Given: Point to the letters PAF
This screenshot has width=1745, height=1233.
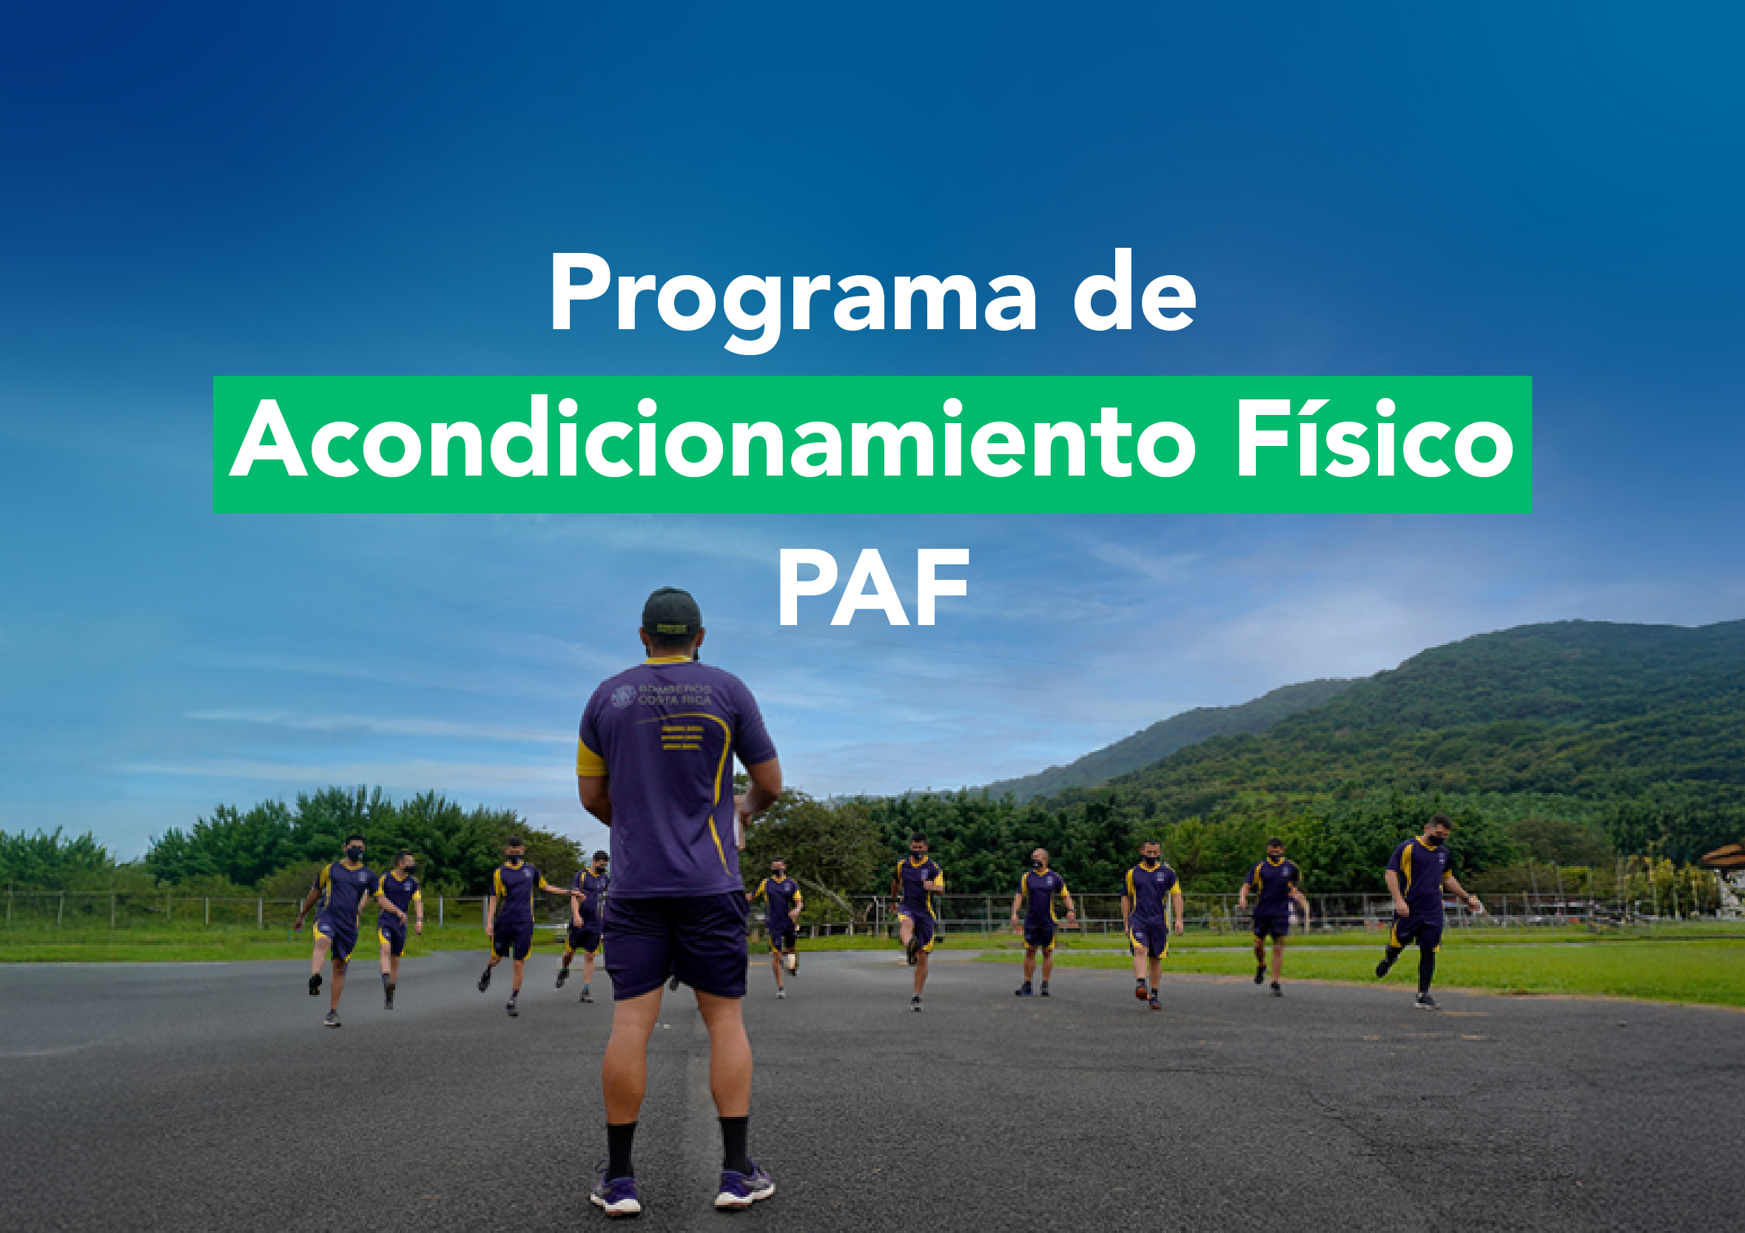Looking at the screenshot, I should (872, 588).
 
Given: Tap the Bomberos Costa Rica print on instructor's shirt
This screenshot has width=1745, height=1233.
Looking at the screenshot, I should (663, 695).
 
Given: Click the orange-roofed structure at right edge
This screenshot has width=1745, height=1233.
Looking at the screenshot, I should (1724, 859).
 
